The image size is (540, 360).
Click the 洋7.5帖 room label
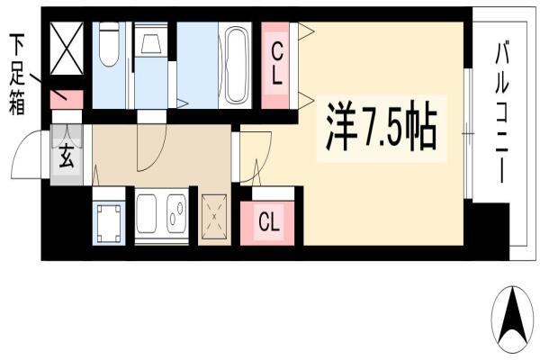pyautogui.click(x=382, y=129)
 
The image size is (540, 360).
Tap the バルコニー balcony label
pyautogui.click(x=502, y=112)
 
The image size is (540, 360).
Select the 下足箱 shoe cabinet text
pyautogui.click(x=17, y=74)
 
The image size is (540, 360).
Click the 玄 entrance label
pyautogui.click(x=67, y=157)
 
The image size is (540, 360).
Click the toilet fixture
pyautogui.click(x=109, y=44)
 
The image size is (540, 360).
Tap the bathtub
pyautogui.click(x=236, y=65)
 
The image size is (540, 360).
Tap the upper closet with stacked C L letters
pyautogui.click(x=275, y=65)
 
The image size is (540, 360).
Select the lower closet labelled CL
pyautogui.click(x=267, y=222)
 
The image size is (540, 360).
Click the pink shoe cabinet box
pyautogui.click(x=67, y=100)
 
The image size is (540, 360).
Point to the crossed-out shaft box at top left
pyautogui.click(x=67, y=49)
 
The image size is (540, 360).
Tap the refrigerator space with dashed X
pyautogui.click(x=214, y=217)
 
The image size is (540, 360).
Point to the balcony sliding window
pyautogui.click(x=468, y=134)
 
